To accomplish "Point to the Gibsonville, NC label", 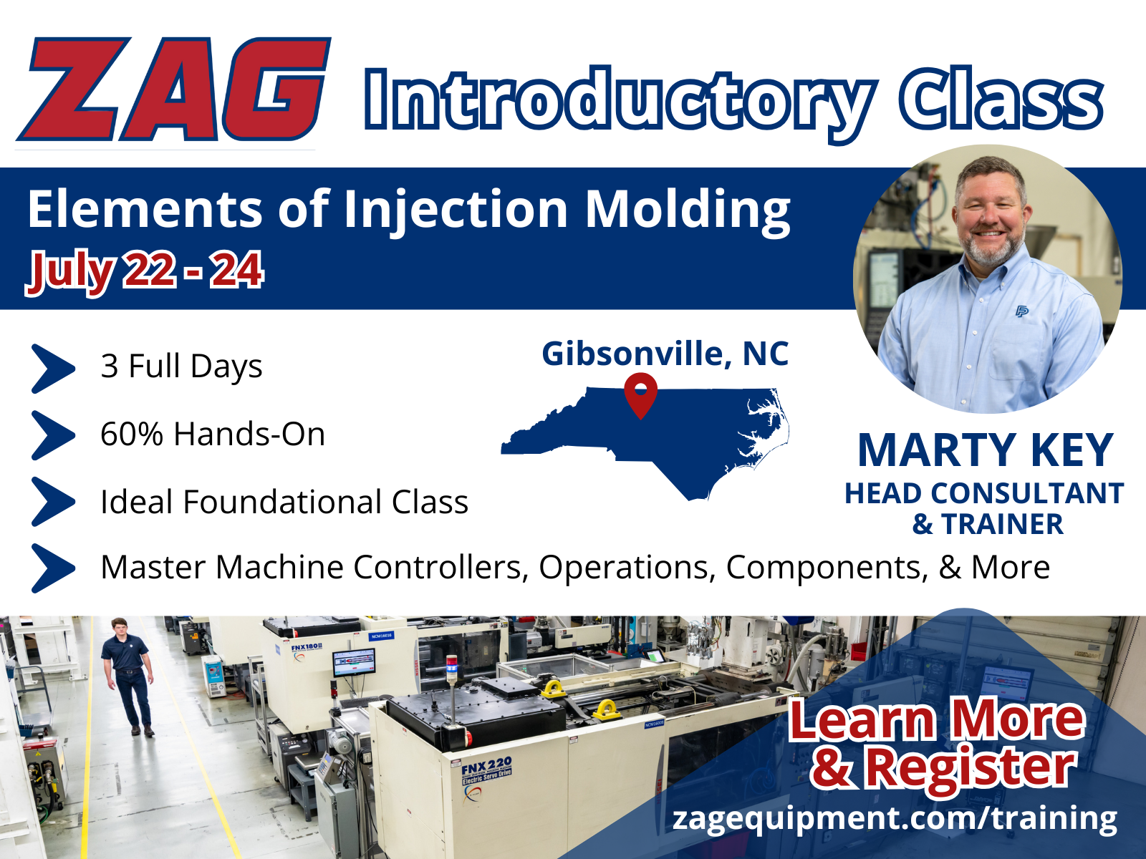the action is coord(665,354).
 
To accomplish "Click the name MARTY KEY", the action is coord(985,451).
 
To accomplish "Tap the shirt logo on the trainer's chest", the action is coord(1022,311).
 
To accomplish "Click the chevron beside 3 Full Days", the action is coord(53,368).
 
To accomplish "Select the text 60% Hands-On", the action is coord(213,434).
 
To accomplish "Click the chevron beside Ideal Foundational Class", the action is coord(53,502).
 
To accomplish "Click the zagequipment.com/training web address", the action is coord(895,818).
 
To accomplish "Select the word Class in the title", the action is coord(1001,99).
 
